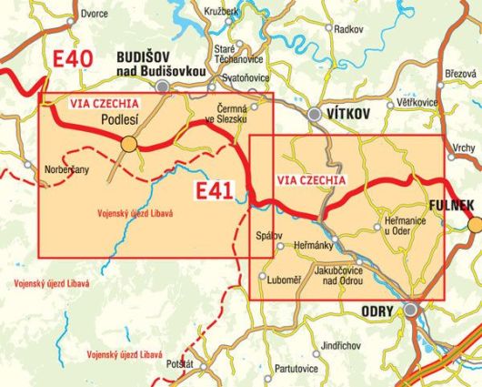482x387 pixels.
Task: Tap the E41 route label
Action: (216, 190)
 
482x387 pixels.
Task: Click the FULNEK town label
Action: (451, 207)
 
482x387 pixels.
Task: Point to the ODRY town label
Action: (380, 311)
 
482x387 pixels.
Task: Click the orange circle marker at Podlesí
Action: (129, 143)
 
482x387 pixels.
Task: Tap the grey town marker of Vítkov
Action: (315, 115)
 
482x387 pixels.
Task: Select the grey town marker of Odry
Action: (412, 311)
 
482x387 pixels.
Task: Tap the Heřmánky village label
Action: (314, 246)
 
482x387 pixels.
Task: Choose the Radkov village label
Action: (348, 30)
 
